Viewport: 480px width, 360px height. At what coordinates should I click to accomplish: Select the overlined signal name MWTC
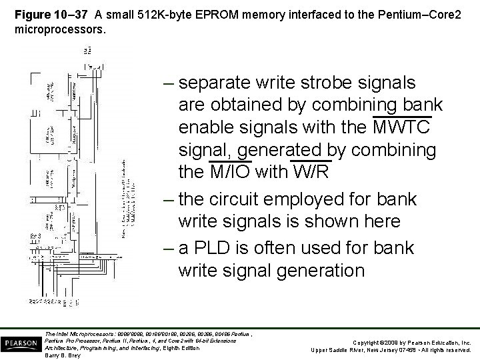coord(402,127)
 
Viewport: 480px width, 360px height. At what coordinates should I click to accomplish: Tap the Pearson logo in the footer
coord(21,342)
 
